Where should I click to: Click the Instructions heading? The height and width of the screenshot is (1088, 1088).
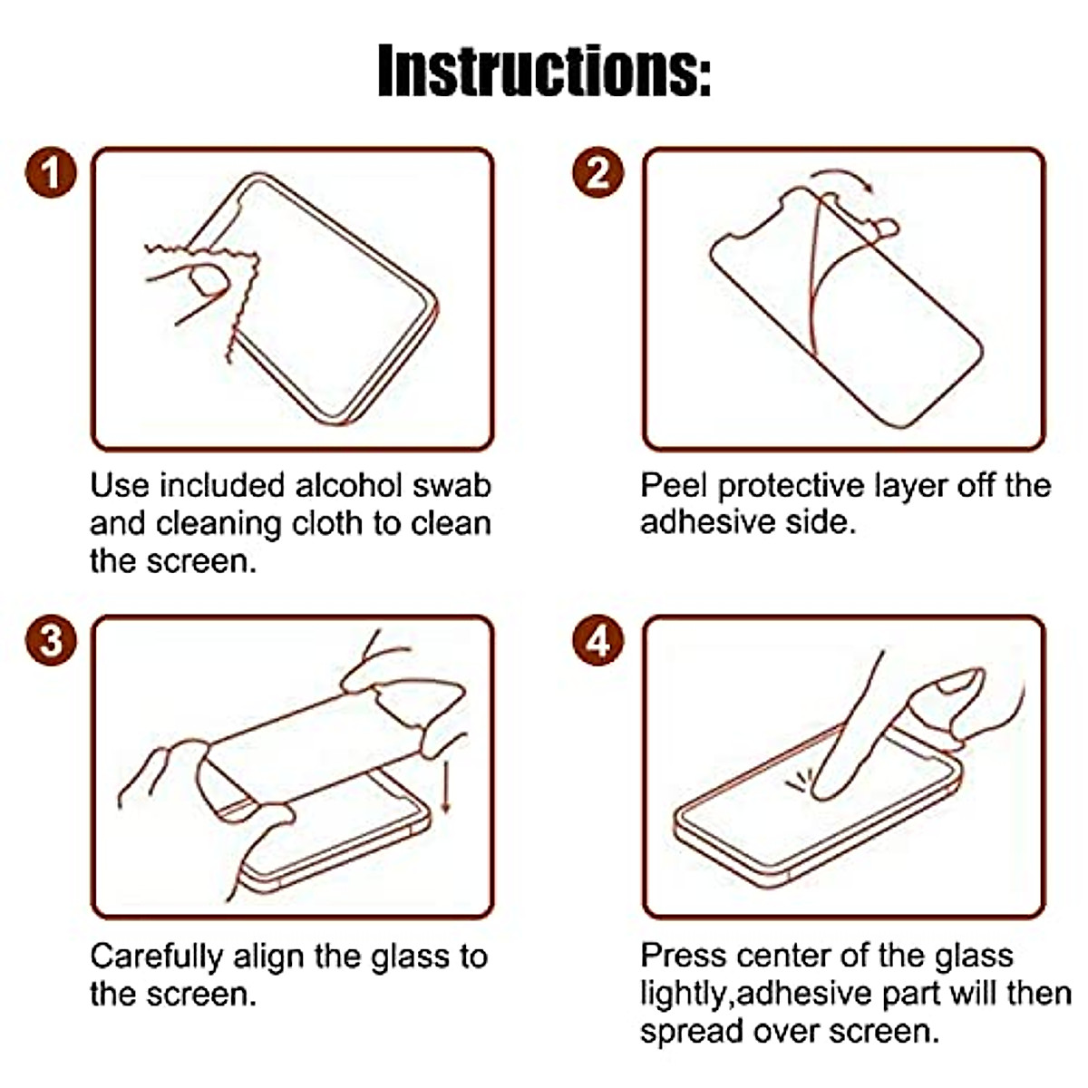[x=544, y=70]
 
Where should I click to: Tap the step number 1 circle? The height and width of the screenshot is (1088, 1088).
[x=51, y=172]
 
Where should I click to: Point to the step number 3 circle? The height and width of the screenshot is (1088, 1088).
[x=51, y=641]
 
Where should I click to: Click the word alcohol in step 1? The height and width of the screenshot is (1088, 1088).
[x=349, y=485]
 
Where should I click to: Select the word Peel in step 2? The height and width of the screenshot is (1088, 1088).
[x=675, y=486]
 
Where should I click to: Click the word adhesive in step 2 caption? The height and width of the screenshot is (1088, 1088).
[x=698, y=523]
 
